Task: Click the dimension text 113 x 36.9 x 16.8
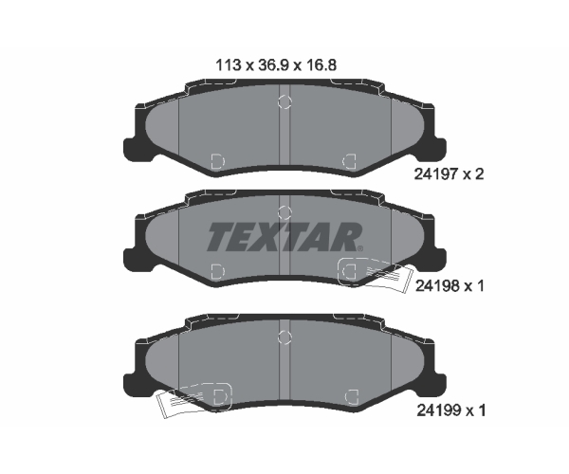click(x=276, y=65)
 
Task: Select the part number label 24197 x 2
click(x=449, y=174)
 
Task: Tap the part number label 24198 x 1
click(x=450, y=286)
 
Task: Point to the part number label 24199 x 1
click(x=450, y=410)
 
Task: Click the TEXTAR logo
click(x=285, y=237)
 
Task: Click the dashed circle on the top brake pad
click(x=284, y=101)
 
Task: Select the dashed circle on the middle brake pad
click(x=284, y=212)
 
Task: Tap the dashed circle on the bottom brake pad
click(x=284, y=337)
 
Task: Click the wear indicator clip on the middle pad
click(x=376, y=275)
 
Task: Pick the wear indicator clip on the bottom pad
click(x=193, y=400)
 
